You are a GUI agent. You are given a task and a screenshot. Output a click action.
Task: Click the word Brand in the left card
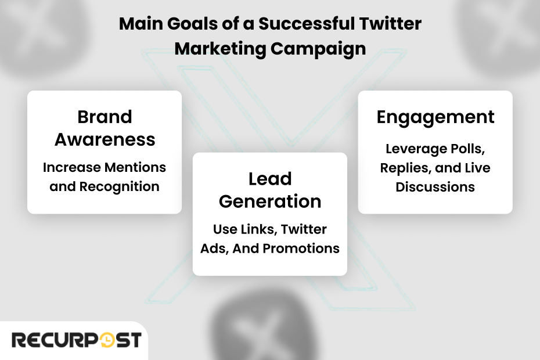pos(105,117)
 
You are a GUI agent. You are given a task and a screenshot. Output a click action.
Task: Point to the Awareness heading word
pos(105,139)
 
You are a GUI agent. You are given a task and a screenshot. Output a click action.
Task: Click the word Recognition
pos(119,186)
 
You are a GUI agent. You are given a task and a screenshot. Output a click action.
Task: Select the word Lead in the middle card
pos(270,179)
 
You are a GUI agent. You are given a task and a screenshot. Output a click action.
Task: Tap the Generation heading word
pos(270,201)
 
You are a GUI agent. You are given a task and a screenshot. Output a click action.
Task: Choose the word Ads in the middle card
pos(211,249)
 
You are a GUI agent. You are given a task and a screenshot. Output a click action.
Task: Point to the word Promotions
pos(301,249)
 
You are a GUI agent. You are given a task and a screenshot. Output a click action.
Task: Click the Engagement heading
pos(435,117)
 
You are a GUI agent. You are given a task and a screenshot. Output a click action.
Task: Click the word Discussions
pos(435,187)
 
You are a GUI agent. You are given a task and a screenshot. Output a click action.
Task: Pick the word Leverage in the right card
pos(413,149)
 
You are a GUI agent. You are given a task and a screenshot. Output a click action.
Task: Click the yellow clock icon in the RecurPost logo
pos(108,340)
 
